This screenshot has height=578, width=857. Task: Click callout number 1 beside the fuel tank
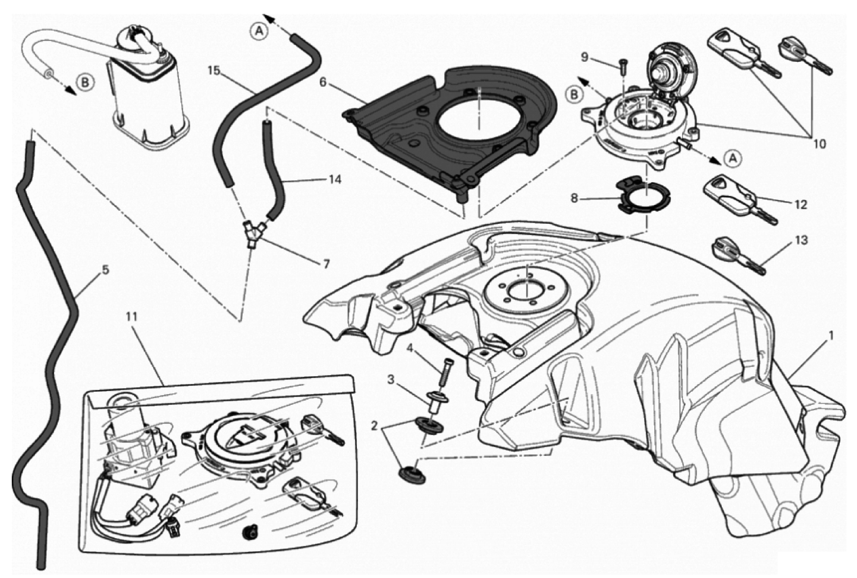point(830,336)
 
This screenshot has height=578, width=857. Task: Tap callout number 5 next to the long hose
point(105,270)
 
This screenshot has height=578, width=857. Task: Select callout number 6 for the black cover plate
point(323,82)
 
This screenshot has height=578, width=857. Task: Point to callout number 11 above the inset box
point(132,316)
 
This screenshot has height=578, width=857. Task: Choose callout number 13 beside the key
point(801,240)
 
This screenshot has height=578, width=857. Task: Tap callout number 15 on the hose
point(214,71)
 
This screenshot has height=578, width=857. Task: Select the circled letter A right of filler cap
point(733,158)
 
